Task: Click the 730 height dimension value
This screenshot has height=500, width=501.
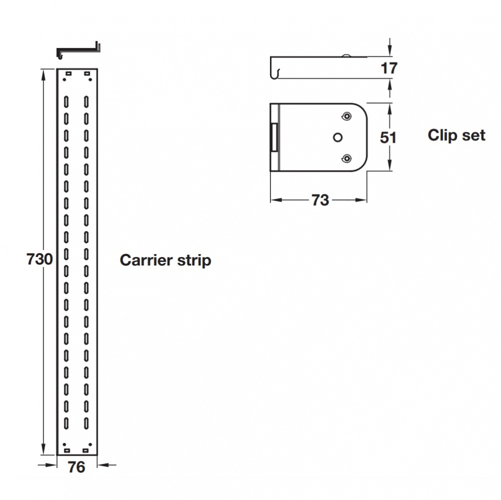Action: point(40,260)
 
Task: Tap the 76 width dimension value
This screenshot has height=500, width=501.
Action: point(76,467)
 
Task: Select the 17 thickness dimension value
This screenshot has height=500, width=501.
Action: point(389,68)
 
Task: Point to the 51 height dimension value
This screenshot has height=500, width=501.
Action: point(388,137)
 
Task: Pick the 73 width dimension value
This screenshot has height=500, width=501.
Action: point(320,200)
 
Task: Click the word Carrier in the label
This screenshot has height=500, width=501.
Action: point(145,261)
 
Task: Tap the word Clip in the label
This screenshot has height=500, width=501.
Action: point(440,135)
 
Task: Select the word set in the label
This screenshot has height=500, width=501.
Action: point(473,135)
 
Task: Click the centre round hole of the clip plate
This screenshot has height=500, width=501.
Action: point(338,137)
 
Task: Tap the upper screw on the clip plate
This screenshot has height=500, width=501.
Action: point(345,116)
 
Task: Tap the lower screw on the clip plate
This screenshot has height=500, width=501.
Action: point(345,159)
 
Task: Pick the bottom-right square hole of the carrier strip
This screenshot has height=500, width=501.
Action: point(87,449)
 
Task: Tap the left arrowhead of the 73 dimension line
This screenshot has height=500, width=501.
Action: point(275,200)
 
